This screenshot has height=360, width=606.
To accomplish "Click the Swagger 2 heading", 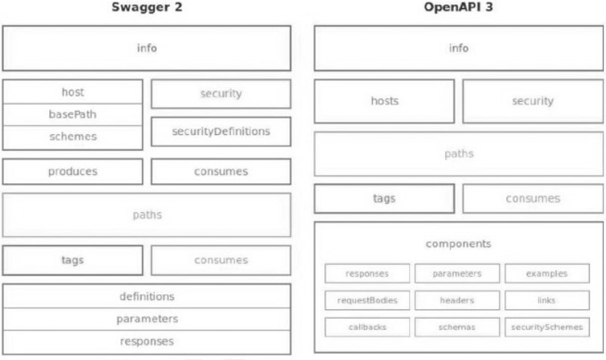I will (147, 8).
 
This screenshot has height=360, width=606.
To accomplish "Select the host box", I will (72, 92).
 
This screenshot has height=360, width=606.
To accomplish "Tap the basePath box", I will (72, 115).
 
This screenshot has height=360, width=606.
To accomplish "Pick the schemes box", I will (72, 137).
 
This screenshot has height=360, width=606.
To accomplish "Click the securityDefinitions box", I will (221, 131).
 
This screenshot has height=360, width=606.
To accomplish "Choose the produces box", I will (72, 171).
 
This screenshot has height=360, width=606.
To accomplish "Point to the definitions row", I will (147, 297).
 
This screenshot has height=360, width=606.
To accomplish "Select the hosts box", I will (385, 101).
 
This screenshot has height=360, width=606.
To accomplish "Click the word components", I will (458, 244).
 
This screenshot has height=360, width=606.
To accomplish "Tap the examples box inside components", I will (547, 273).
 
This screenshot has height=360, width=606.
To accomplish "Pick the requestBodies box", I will (368, 300).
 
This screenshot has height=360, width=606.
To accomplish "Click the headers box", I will (457, 300).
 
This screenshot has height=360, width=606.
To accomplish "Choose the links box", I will (547, 300).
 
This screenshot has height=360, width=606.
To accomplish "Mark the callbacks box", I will (368, 328).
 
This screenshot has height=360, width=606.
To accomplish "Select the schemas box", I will (457, 328).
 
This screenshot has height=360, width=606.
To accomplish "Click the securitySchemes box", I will (547, 328).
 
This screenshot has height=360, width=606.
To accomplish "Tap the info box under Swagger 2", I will (147, 48).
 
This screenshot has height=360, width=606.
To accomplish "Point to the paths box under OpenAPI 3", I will (458, 153).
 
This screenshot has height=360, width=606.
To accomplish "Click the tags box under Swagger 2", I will (72, 260).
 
